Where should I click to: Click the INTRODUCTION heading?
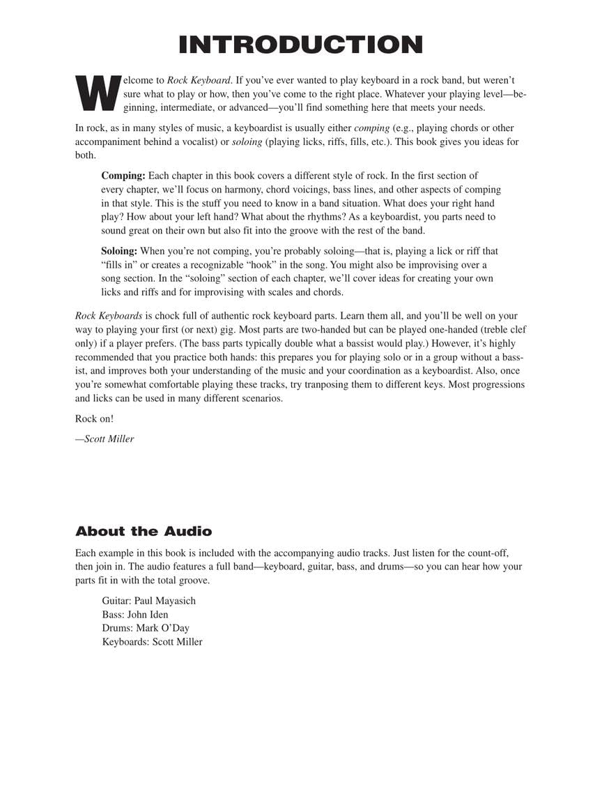(x=300, y=45)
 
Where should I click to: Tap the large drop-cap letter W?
(x=98, y=93)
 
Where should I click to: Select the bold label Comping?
(x=123, y=176)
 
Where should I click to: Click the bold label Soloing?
(x=120, y=251)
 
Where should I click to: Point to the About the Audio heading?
(x=144, y=532)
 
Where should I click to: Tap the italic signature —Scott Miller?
(x=105, y=439)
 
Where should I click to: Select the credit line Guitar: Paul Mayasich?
(x=149, y=601)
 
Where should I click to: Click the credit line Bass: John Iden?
(x=135, y=615)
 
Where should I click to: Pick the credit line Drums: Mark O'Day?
(x=146, y=628)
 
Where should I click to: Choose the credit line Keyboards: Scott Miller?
(x=152, y=642)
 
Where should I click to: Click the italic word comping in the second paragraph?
(x=372, y=128)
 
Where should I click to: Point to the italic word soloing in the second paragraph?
(x=247, y=142)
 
